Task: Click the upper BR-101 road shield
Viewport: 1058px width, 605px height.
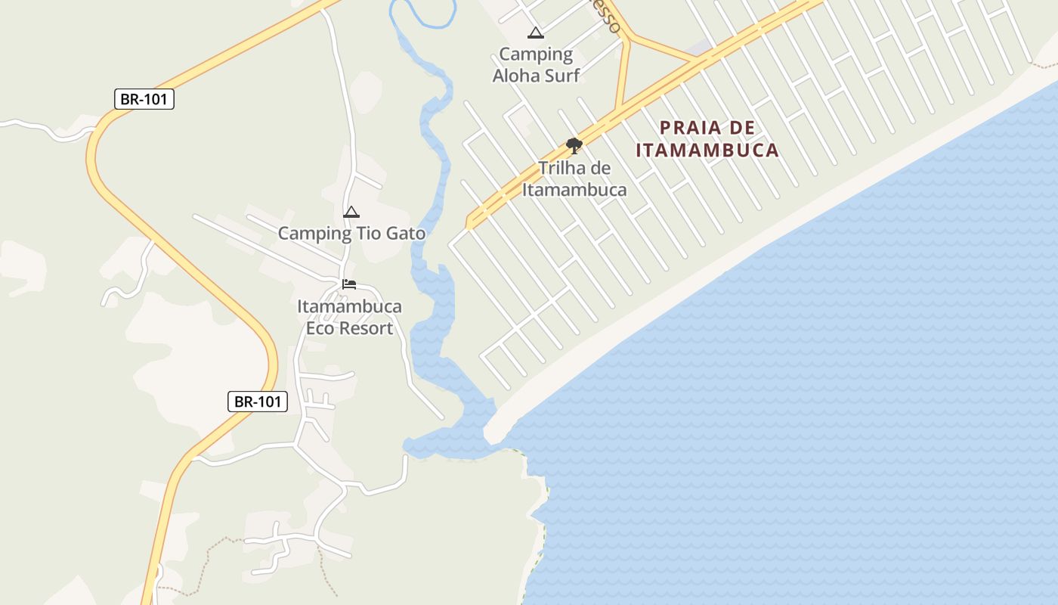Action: point(144,99)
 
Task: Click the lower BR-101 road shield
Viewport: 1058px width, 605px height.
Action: point(258,402)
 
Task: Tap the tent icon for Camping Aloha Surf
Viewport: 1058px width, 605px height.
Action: point(536,33)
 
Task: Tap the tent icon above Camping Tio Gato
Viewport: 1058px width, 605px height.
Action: point(351,213)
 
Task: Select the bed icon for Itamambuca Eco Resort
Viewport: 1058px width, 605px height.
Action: point(349,284)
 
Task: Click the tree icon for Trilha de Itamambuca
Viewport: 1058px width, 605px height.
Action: point(574,145)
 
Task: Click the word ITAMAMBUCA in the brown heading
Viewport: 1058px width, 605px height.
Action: point(707,150)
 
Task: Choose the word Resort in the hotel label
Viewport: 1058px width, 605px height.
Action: point(366,328)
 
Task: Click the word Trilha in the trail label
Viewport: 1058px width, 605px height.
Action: point(562,168)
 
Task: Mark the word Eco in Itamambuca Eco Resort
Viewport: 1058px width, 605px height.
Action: point(319,328)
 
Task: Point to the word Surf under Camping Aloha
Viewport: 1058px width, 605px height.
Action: point(563,75)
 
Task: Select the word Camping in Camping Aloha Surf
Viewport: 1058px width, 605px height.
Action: point(536,54)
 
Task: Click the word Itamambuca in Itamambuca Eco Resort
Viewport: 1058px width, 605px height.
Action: point(349,307)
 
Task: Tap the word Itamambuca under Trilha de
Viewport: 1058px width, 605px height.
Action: point(574,189)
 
